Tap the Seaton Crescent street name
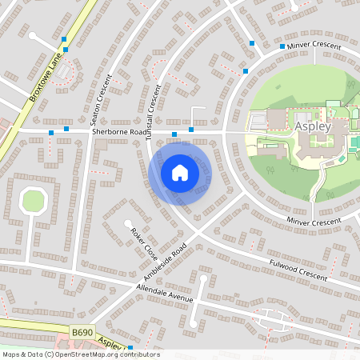point(102,97)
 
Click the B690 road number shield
point(81,331)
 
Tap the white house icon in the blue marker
point(180,172)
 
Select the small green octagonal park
point(34,200)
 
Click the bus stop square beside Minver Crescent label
point(282,46)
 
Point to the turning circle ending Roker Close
point(127,224)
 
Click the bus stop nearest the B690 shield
point(130,346)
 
